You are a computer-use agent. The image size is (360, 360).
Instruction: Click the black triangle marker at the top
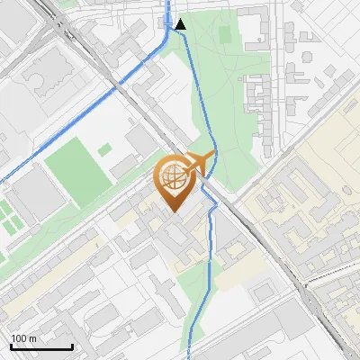coord(181,25)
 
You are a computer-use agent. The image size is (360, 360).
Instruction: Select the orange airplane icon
coord(202,163)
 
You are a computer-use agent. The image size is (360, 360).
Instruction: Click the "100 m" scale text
coord(23,338)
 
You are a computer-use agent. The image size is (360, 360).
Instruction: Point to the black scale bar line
coord(41,346)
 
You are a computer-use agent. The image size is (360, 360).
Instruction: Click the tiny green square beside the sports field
coord(105,148)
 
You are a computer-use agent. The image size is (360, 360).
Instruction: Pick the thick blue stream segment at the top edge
coord(168,11)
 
